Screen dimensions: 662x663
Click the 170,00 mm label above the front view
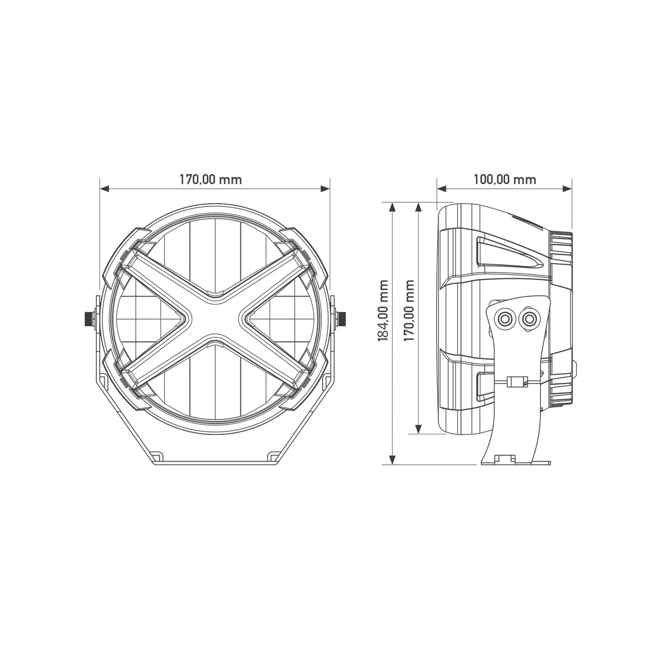pyautogui.click(x=210, y=179)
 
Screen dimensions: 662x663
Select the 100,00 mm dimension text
pyautogui.click(x=504, y=179)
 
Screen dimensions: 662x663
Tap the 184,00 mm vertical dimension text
pyautogui.click(x=383, y=310)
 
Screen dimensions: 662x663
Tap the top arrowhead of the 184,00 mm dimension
pyautogui.click(x=392, y=207)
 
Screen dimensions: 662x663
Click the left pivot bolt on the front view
pyautogui.click(x=87, y=317)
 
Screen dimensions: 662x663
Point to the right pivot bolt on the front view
pyautogui.click(x=342, y=317)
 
